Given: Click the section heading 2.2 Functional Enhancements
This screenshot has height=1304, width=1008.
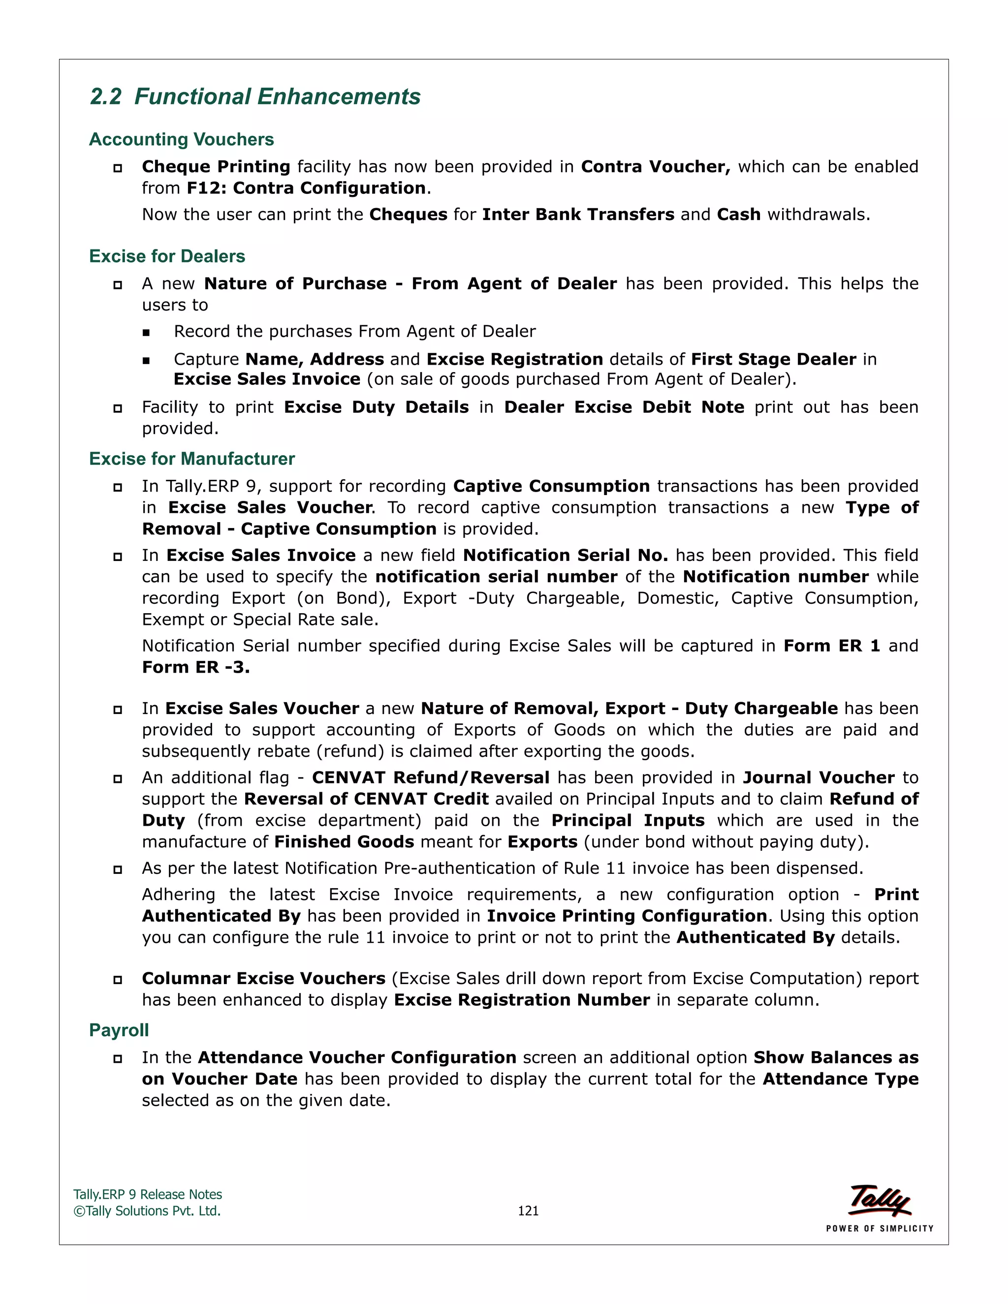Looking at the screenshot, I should tap(255, 97).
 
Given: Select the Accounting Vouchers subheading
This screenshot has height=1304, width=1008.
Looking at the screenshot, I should tap(182, 139).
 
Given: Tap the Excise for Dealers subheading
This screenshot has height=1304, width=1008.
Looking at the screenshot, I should tap(167, 256).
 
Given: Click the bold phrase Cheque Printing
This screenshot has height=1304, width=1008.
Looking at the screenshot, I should tap(216, 167).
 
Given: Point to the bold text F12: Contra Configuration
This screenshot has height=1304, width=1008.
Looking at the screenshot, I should tap(306, 188).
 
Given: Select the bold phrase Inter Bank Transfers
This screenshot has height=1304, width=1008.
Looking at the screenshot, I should tap(578, 215).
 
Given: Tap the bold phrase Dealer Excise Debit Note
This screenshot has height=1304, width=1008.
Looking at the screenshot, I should tap(624, 407).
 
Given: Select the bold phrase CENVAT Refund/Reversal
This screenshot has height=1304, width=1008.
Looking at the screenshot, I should tap(431, 777).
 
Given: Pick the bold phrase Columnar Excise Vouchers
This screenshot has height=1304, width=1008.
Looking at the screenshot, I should tap(263, 979).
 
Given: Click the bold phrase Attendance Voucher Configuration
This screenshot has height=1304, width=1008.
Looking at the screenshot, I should tap(356, 1057).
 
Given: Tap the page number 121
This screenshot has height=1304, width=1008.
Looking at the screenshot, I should tap(528, 1211).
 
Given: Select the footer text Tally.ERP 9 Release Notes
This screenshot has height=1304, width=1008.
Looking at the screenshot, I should tap(148, 1195).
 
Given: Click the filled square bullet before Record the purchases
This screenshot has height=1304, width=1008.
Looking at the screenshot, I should tap(146, 333).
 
